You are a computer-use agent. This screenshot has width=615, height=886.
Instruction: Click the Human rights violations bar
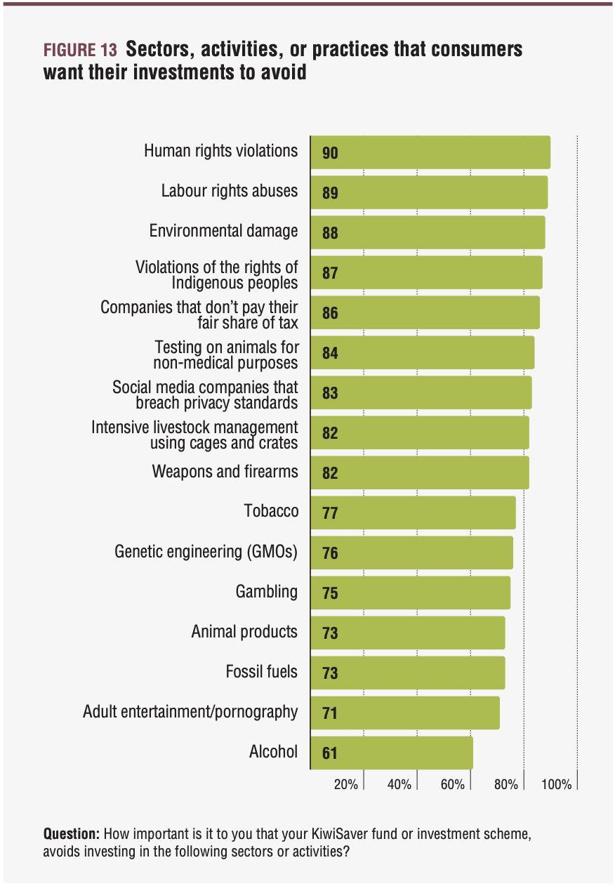coord(430,152)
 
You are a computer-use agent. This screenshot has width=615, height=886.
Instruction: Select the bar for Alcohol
coord(391,753)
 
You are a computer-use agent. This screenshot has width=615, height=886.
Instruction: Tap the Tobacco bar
coord(413,513)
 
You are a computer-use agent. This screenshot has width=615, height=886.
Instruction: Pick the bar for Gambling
coord(410,593)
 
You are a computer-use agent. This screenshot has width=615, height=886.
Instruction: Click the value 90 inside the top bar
coord(330,153)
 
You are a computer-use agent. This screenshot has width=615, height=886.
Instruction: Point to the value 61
coord(330,754)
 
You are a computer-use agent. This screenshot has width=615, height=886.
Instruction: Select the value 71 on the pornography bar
coord(330,714)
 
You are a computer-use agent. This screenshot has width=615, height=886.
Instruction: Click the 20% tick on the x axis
coord(346,785)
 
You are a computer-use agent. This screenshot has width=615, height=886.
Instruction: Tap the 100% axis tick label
coord(557,785)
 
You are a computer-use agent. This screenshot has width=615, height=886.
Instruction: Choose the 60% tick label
coord(453,785)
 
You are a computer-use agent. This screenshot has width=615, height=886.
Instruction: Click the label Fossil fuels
coord(261,672)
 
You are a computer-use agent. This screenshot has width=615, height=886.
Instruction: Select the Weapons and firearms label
coord(225,471)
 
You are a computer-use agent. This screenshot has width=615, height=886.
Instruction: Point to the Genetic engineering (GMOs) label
coord(206,552)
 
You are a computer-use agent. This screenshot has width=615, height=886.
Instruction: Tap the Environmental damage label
coord(223,231)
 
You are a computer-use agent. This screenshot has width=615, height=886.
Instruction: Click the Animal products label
coord(244,632)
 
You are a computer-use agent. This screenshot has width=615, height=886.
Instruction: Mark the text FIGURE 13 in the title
coord(80,51)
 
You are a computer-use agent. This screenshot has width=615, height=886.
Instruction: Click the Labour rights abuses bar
coord(428,192)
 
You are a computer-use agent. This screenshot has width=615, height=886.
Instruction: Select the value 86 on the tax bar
coord(330,313)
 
